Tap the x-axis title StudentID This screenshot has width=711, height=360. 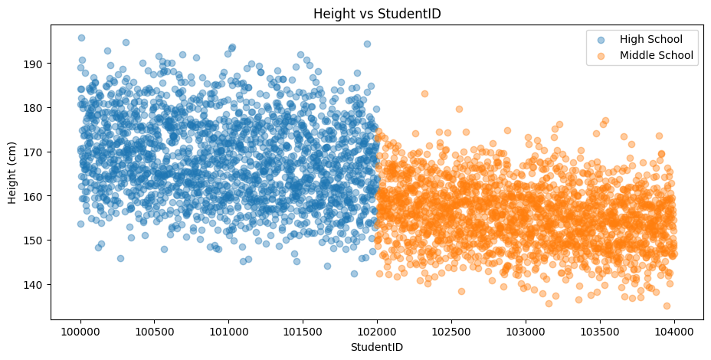click(x=377, y=347)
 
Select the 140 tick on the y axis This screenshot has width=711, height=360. click(x=35, y=284)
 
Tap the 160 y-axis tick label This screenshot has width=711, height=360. click(x=35, y=196)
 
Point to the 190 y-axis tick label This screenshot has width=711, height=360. click(x=35, y=63)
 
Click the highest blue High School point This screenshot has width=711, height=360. click(x=81, y=38)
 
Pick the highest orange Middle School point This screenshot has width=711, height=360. click(x=424, y=93)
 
